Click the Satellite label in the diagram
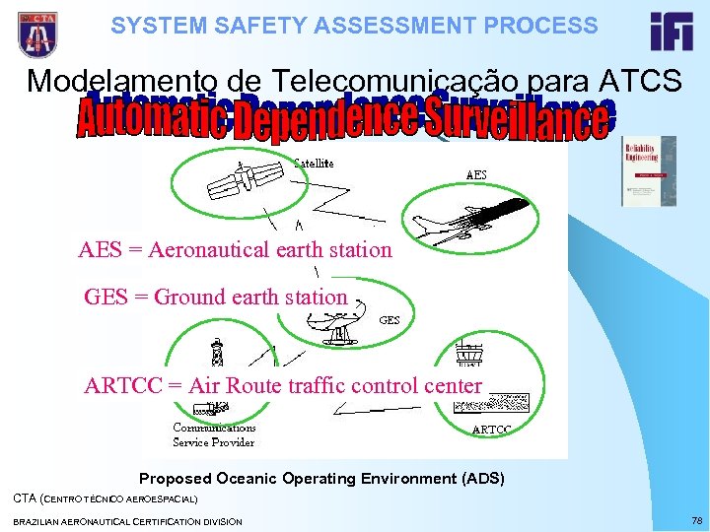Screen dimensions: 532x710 [315, 162]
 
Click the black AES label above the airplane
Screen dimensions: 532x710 [475, 174]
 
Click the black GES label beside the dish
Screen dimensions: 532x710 [390, 320]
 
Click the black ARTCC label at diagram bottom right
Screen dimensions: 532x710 [492, 431]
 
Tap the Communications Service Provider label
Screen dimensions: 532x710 [214, 435]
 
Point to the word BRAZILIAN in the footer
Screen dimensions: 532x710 [41, 520]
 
